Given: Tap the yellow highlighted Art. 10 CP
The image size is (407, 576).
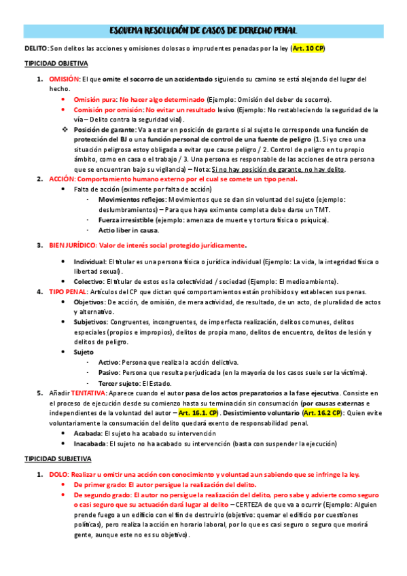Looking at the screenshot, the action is click(x=308, y=49).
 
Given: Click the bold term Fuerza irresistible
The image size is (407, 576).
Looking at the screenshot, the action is click(x=126, y=220).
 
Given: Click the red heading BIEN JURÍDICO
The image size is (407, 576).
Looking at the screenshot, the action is click(x=71, y=245).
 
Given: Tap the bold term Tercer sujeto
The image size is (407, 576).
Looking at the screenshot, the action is click(x=120, y=382).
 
